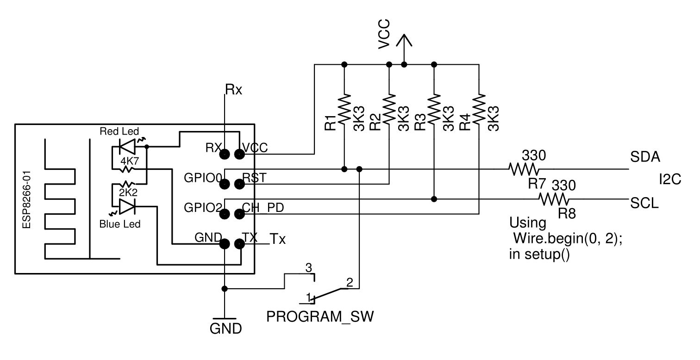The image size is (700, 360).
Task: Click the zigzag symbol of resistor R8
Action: (554, 199)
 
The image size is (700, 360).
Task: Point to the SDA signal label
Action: (645, 157)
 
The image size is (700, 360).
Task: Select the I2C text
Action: (670, 180)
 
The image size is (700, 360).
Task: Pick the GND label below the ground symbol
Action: (225, 329)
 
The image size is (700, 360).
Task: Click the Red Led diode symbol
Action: (127, 147)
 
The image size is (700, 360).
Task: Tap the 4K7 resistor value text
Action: (130, 161)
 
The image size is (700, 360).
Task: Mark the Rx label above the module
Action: (233, 89)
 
